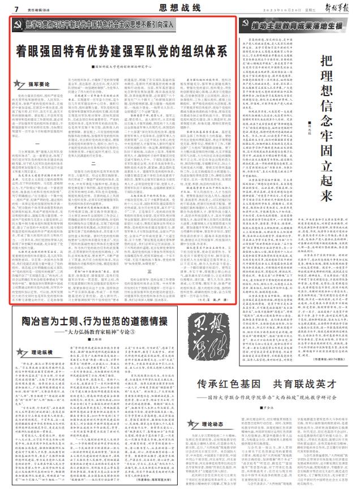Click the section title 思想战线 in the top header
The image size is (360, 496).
click(180, 8)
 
